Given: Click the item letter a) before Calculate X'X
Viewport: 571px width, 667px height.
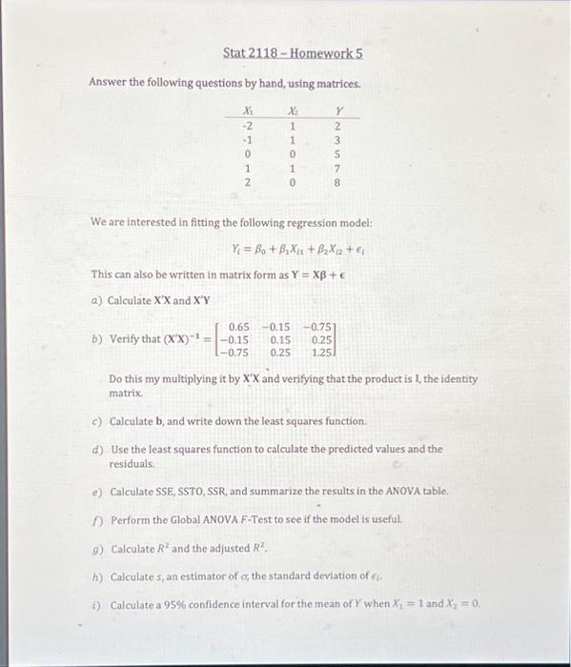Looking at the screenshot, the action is point(95,299).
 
